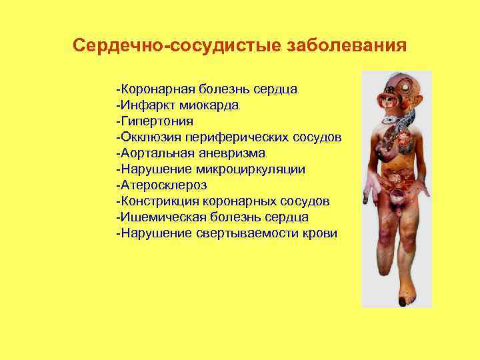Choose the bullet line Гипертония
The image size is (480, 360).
[154, 121]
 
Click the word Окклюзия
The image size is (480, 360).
[147, 137]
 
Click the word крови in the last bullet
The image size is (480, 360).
[321, 233]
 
